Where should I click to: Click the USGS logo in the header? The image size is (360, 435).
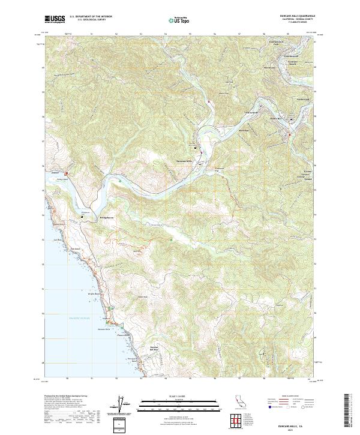55,20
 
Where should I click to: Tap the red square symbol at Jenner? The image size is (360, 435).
67,174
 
